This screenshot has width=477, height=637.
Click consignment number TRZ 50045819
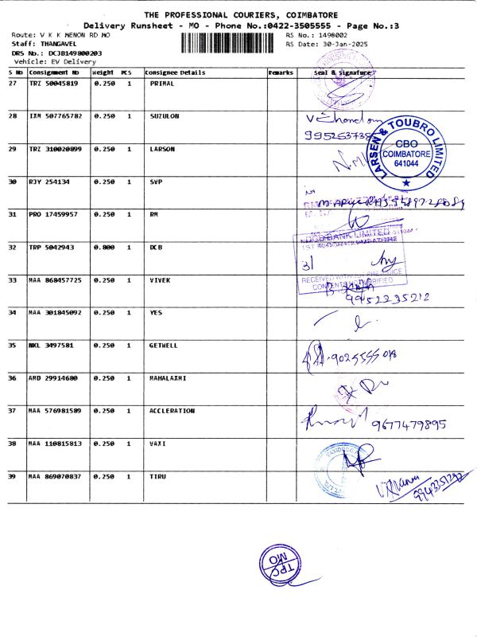(53, 84)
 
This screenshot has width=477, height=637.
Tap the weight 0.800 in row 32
(104, 247)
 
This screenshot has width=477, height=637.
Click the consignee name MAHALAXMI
(168, 377)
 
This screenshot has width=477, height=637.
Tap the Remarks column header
(281, 72)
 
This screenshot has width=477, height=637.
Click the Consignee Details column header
(175, 72)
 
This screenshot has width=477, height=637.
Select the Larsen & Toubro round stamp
(405, 151)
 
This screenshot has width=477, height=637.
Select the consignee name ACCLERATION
(172, 410)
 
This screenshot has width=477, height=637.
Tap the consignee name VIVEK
(161, 279)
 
